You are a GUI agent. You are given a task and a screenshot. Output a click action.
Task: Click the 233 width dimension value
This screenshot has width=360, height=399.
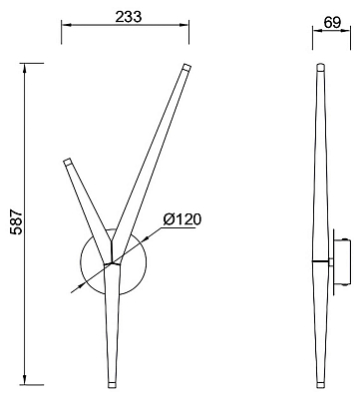point(129,17)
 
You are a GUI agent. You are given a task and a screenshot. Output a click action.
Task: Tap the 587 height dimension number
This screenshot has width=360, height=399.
point(16,222)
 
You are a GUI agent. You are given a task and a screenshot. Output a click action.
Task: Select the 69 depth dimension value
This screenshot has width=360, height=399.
point(332,23)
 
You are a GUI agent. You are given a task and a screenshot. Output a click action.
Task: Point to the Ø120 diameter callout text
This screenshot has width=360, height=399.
point(182,219)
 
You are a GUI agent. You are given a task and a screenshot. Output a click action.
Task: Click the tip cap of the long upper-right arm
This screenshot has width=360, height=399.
point(186,67)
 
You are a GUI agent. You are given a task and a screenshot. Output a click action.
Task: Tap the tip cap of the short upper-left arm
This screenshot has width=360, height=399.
point(67,162)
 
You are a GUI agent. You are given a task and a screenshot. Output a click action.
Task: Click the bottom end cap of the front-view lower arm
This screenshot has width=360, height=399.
point(113,385)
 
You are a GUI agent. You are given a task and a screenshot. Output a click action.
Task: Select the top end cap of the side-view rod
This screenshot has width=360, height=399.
point(320,67)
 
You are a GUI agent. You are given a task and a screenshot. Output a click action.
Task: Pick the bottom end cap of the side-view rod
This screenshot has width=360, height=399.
point(320,385)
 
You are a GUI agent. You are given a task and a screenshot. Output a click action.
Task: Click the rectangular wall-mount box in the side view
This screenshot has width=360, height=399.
point(342,262)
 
